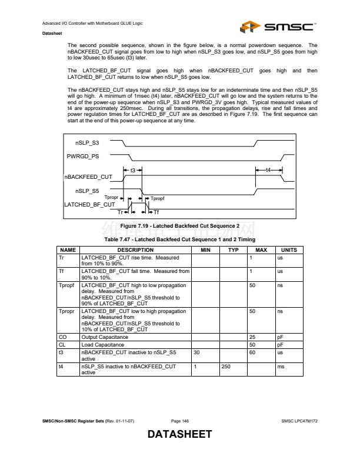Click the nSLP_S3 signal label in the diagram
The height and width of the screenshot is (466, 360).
click(87, 143)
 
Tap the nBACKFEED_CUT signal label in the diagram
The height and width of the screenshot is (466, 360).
click(88, 177)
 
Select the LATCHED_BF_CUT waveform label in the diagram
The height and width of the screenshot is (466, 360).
click(89, 204)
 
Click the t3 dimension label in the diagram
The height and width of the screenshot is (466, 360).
click(133, 170)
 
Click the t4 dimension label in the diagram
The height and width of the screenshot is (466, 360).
click(269, 170)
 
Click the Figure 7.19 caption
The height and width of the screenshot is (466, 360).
click(179, 226)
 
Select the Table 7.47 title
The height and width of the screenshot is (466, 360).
click(179, 240)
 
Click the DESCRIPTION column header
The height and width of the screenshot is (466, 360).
click(135, 250)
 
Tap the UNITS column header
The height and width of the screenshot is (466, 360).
click(289, 250)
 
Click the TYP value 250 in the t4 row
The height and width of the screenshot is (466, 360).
click(225, 367)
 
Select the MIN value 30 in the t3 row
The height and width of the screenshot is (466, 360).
click(196, 352)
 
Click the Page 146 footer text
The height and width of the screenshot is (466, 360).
click(179, 421)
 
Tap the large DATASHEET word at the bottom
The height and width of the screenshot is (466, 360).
click(179, 435)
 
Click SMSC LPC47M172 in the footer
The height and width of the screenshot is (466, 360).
click(299, 421)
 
